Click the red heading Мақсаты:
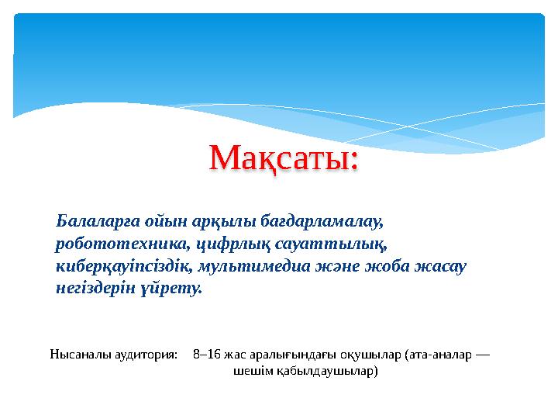point(284,160)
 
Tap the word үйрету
point(174,289)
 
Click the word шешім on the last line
point(250,372)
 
